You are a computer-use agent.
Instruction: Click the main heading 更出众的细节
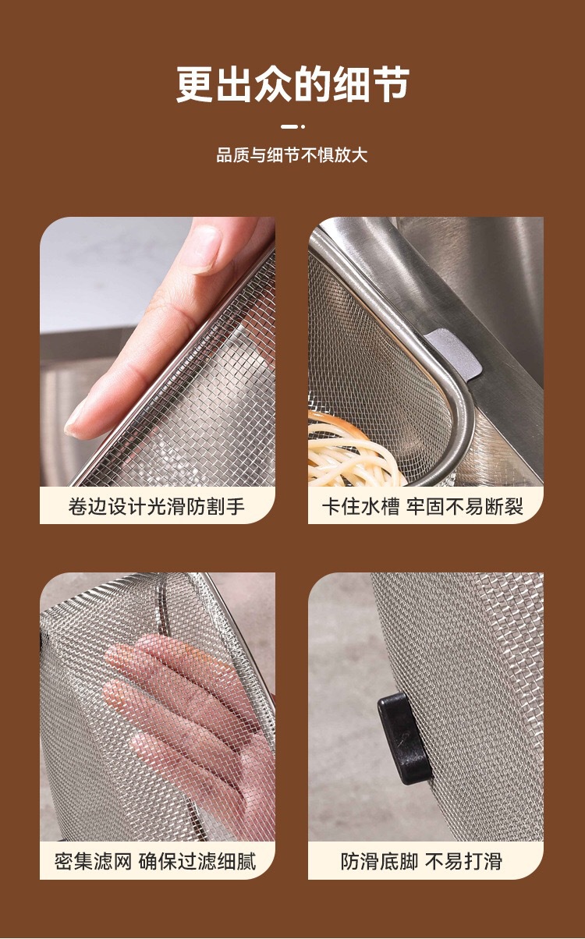[292, 84]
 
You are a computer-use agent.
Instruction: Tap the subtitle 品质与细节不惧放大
[292, 155]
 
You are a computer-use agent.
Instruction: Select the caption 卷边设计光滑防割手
[157, 506]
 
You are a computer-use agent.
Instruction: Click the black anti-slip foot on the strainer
[406, 729]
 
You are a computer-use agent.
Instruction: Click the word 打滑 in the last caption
[484, 862]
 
